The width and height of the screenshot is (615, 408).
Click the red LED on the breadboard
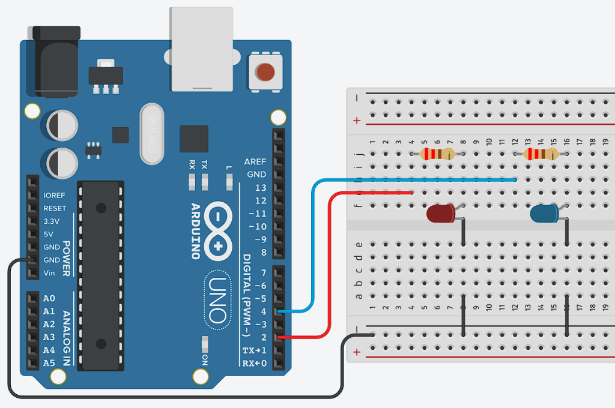[x=441, y=213]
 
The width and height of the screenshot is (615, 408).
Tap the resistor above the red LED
[x=437, y=154]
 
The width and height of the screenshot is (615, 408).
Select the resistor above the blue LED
[x=541, y=154]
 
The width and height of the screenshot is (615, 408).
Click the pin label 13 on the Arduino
[x=260, y=188]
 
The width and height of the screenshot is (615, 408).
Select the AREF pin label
[x=255, y=162]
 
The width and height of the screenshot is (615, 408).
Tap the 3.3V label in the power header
[x=52, y=221]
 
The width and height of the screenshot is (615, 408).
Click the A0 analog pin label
[x=49, y=298]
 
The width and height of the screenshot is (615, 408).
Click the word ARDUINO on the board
[x=196, y=231]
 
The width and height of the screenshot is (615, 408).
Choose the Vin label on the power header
[x=50, y=273]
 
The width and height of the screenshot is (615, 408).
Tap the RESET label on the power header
[x=55, y=208]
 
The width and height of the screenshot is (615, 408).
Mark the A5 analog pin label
[x=49, y=363]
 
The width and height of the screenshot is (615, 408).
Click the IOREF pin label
[x=54, y=195]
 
